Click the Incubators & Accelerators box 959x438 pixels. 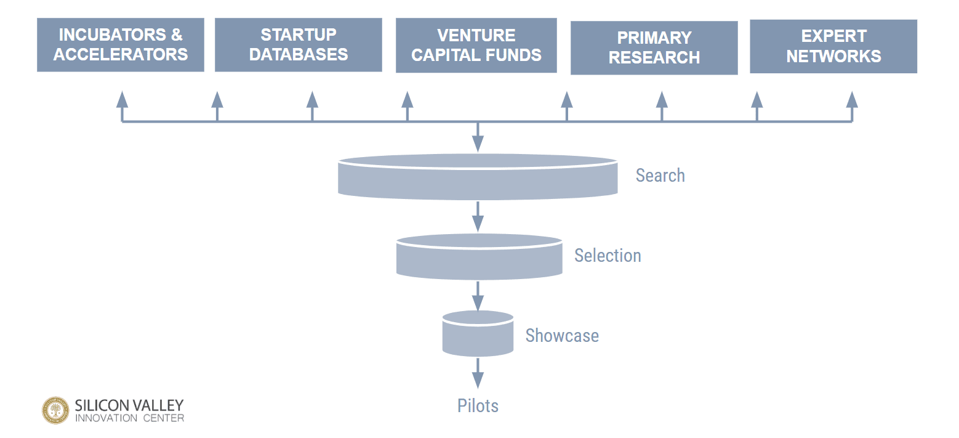(x=120, y=45)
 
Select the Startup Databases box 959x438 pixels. (x=298, y=45)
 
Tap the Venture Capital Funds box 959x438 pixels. (x=476, y=45)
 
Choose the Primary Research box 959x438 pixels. (x=654, y=48)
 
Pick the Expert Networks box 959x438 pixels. (x=833, y=46)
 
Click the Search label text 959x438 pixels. (x=660, y=176)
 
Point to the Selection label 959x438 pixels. (x=608, y=256)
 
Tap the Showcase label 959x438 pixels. (x=561, y=336)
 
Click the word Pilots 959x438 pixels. (x=478, y=406)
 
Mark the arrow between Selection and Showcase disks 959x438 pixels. (x=478, y=296)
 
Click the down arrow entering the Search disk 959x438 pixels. (x=478, y=139)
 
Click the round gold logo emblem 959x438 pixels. (x=55, y=410)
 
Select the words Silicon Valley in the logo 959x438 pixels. (x=129, y=405)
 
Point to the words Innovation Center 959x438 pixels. (x=129, y=418)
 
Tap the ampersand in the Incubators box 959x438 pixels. (x=175, y=34)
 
